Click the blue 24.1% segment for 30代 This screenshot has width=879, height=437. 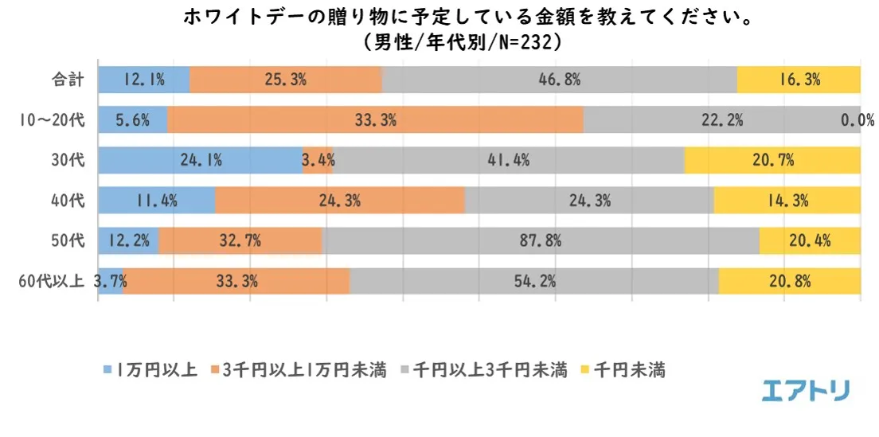pyautogui.click(x=200, y=160)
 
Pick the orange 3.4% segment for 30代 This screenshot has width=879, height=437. pyautogui.click(x=318, y=160)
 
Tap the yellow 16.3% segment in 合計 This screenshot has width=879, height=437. pyautogui.click(x=799, y=80)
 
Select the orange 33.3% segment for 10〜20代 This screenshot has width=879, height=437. pyautogui.click(x=375, y=120)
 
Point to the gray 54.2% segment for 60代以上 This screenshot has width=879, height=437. pyautogui.click(x=534, y=280)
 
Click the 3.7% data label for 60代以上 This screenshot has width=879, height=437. pyautogui.click(x=110, y=280)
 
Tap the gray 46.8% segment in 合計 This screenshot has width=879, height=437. pyautogui.click(x=559, y=80)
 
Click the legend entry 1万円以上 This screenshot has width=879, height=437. pyautogui.click(x=150, y=369)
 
